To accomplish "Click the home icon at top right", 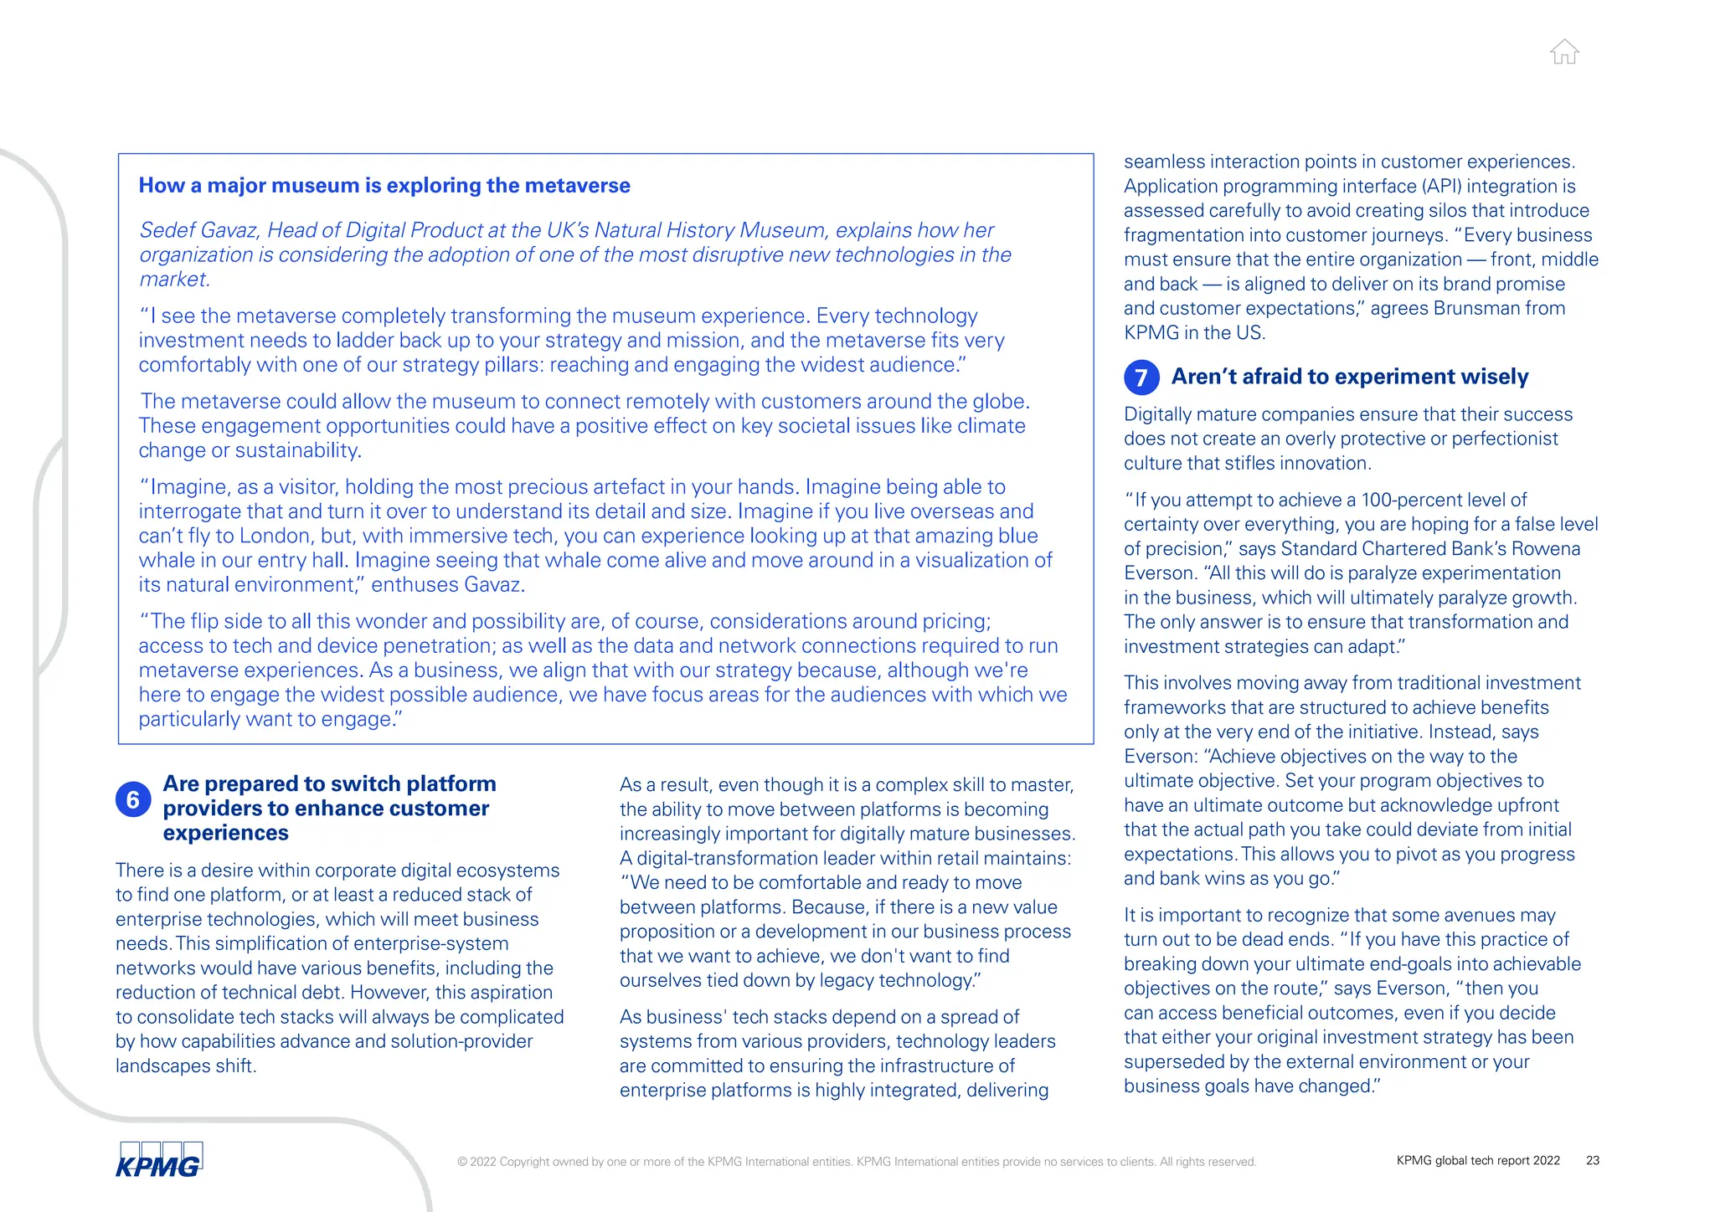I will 1563,52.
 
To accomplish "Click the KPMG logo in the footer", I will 159,1160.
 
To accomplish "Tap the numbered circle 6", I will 133,800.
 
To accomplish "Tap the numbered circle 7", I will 1141,377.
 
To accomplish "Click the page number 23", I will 1592,1160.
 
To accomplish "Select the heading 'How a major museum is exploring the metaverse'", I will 384,185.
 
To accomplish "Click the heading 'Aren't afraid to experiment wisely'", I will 1349,377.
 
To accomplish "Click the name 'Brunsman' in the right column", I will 1476,308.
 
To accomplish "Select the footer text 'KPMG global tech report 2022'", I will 1477,1160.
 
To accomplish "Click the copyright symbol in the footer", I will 461,1162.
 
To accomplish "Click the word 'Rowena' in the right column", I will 1547,549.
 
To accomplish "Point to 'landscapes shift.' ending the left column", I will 186,1066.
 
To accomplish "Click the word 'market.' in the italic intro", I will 174,280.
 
